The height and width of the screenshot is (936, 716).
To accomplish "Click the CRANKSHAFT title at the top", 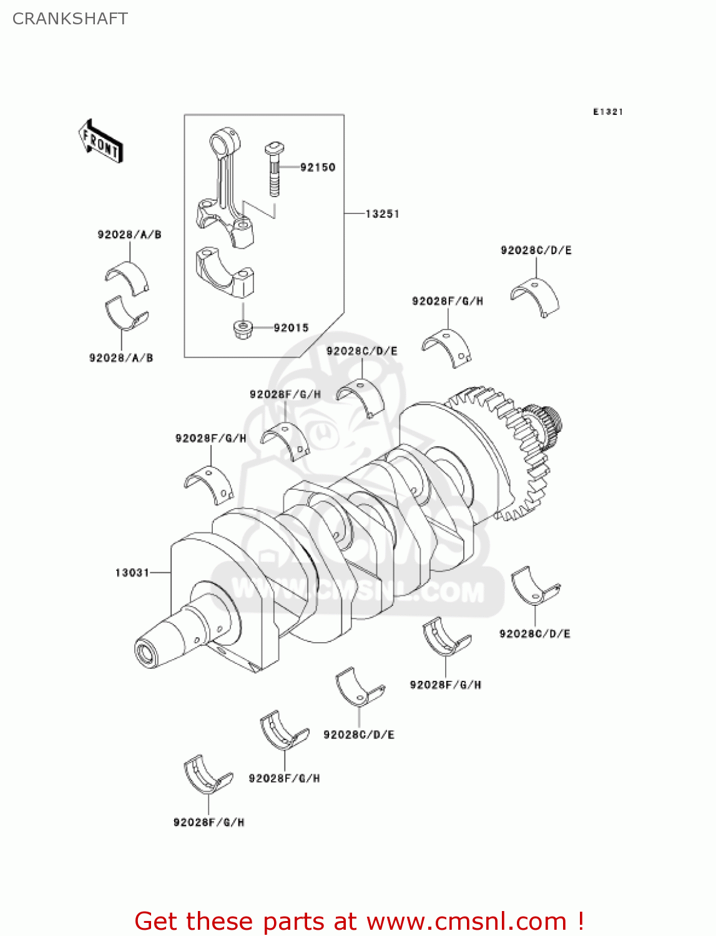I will click(x=70, y=19).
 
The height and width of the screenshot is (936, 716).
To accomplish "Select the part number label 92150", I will click(x=317, y=167).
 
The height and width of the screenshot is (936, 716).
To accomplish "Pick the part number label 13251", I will click(x=382, y=214).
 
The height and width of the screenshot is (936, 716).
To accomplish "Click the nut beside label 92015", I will click(x=242, y=328).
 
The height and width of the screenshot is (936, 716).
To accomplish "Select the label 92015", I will click(x=291, y=328).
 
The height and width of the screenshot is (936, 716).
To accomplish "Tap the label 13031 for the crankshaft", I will click(x=132, y=572).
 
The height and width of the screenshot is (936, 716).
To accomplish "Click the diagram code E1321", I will click(x=607, y=112).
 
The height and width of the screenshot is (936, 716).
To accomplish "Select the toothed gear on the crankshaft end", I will click(x=512, y=449).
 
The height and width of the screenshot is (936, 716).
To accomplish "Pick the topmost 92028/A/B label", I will click(x=129, y=235).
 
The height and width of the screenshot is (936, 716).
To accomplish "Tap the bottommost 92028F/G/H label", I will click(x=208, y=822).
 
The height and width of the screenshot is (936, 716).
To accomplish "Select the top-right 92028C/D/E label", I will click(x=536, y=250).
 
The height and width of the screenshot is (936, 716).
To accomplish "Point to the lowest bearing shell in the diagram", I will click(x=207, y=774).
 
